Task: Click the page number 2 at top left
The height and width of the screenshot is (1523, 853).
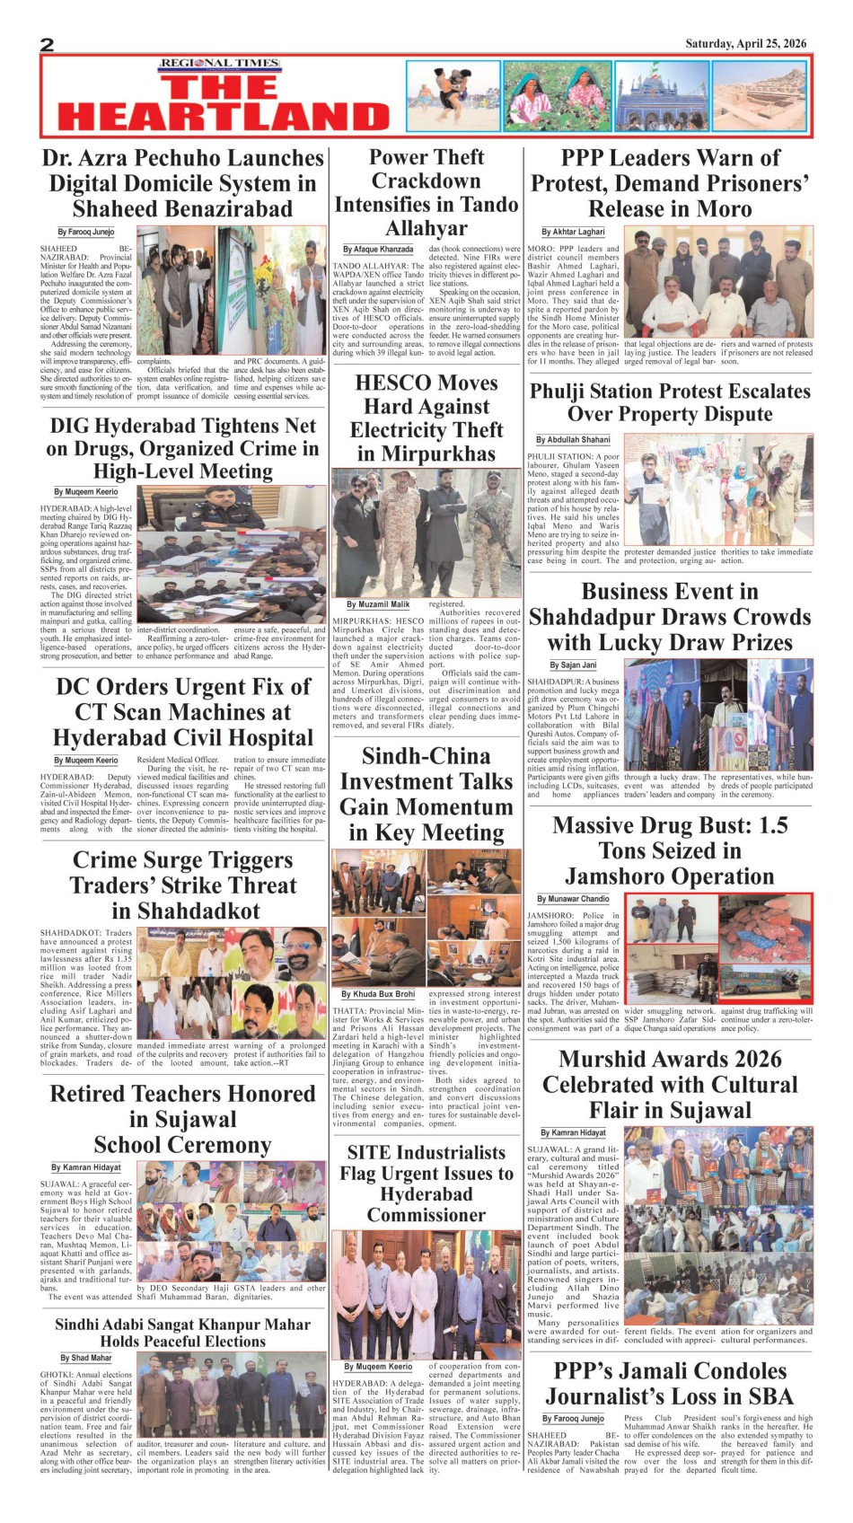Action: pos(48,45)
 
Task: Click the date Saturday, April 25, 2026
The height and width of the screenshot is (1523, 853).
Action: pos(745,43)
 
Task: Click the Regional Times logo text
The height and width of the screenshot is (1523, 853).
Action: pos(220,64)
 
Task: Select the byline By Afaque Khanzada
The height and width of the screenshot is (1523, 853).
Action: pos(378,250)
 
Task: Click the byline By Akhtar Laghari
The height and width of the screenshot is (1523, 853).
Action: pos(573,232)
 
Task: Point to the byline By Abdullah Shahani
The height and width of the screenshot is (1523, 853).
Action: pos(573,440)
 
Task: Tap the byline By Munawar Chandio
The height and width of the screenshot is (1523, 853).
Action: pos(573,899)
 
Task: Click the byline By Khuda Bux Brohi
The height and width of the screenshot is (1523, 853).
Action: pos(378,994)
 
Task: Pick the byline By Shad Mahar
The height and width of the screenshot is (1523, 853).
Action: pos(86,1358)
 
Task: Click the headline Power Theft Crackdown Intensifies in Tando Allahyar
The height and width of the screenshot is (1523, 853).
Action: pos(426,192)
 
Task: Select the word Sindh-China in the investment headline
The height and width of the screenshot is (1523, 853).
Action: pos(426,756)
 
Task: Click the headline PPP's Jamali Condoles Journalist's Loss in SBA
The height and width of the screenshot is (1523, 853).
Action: pos(670,1384)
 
